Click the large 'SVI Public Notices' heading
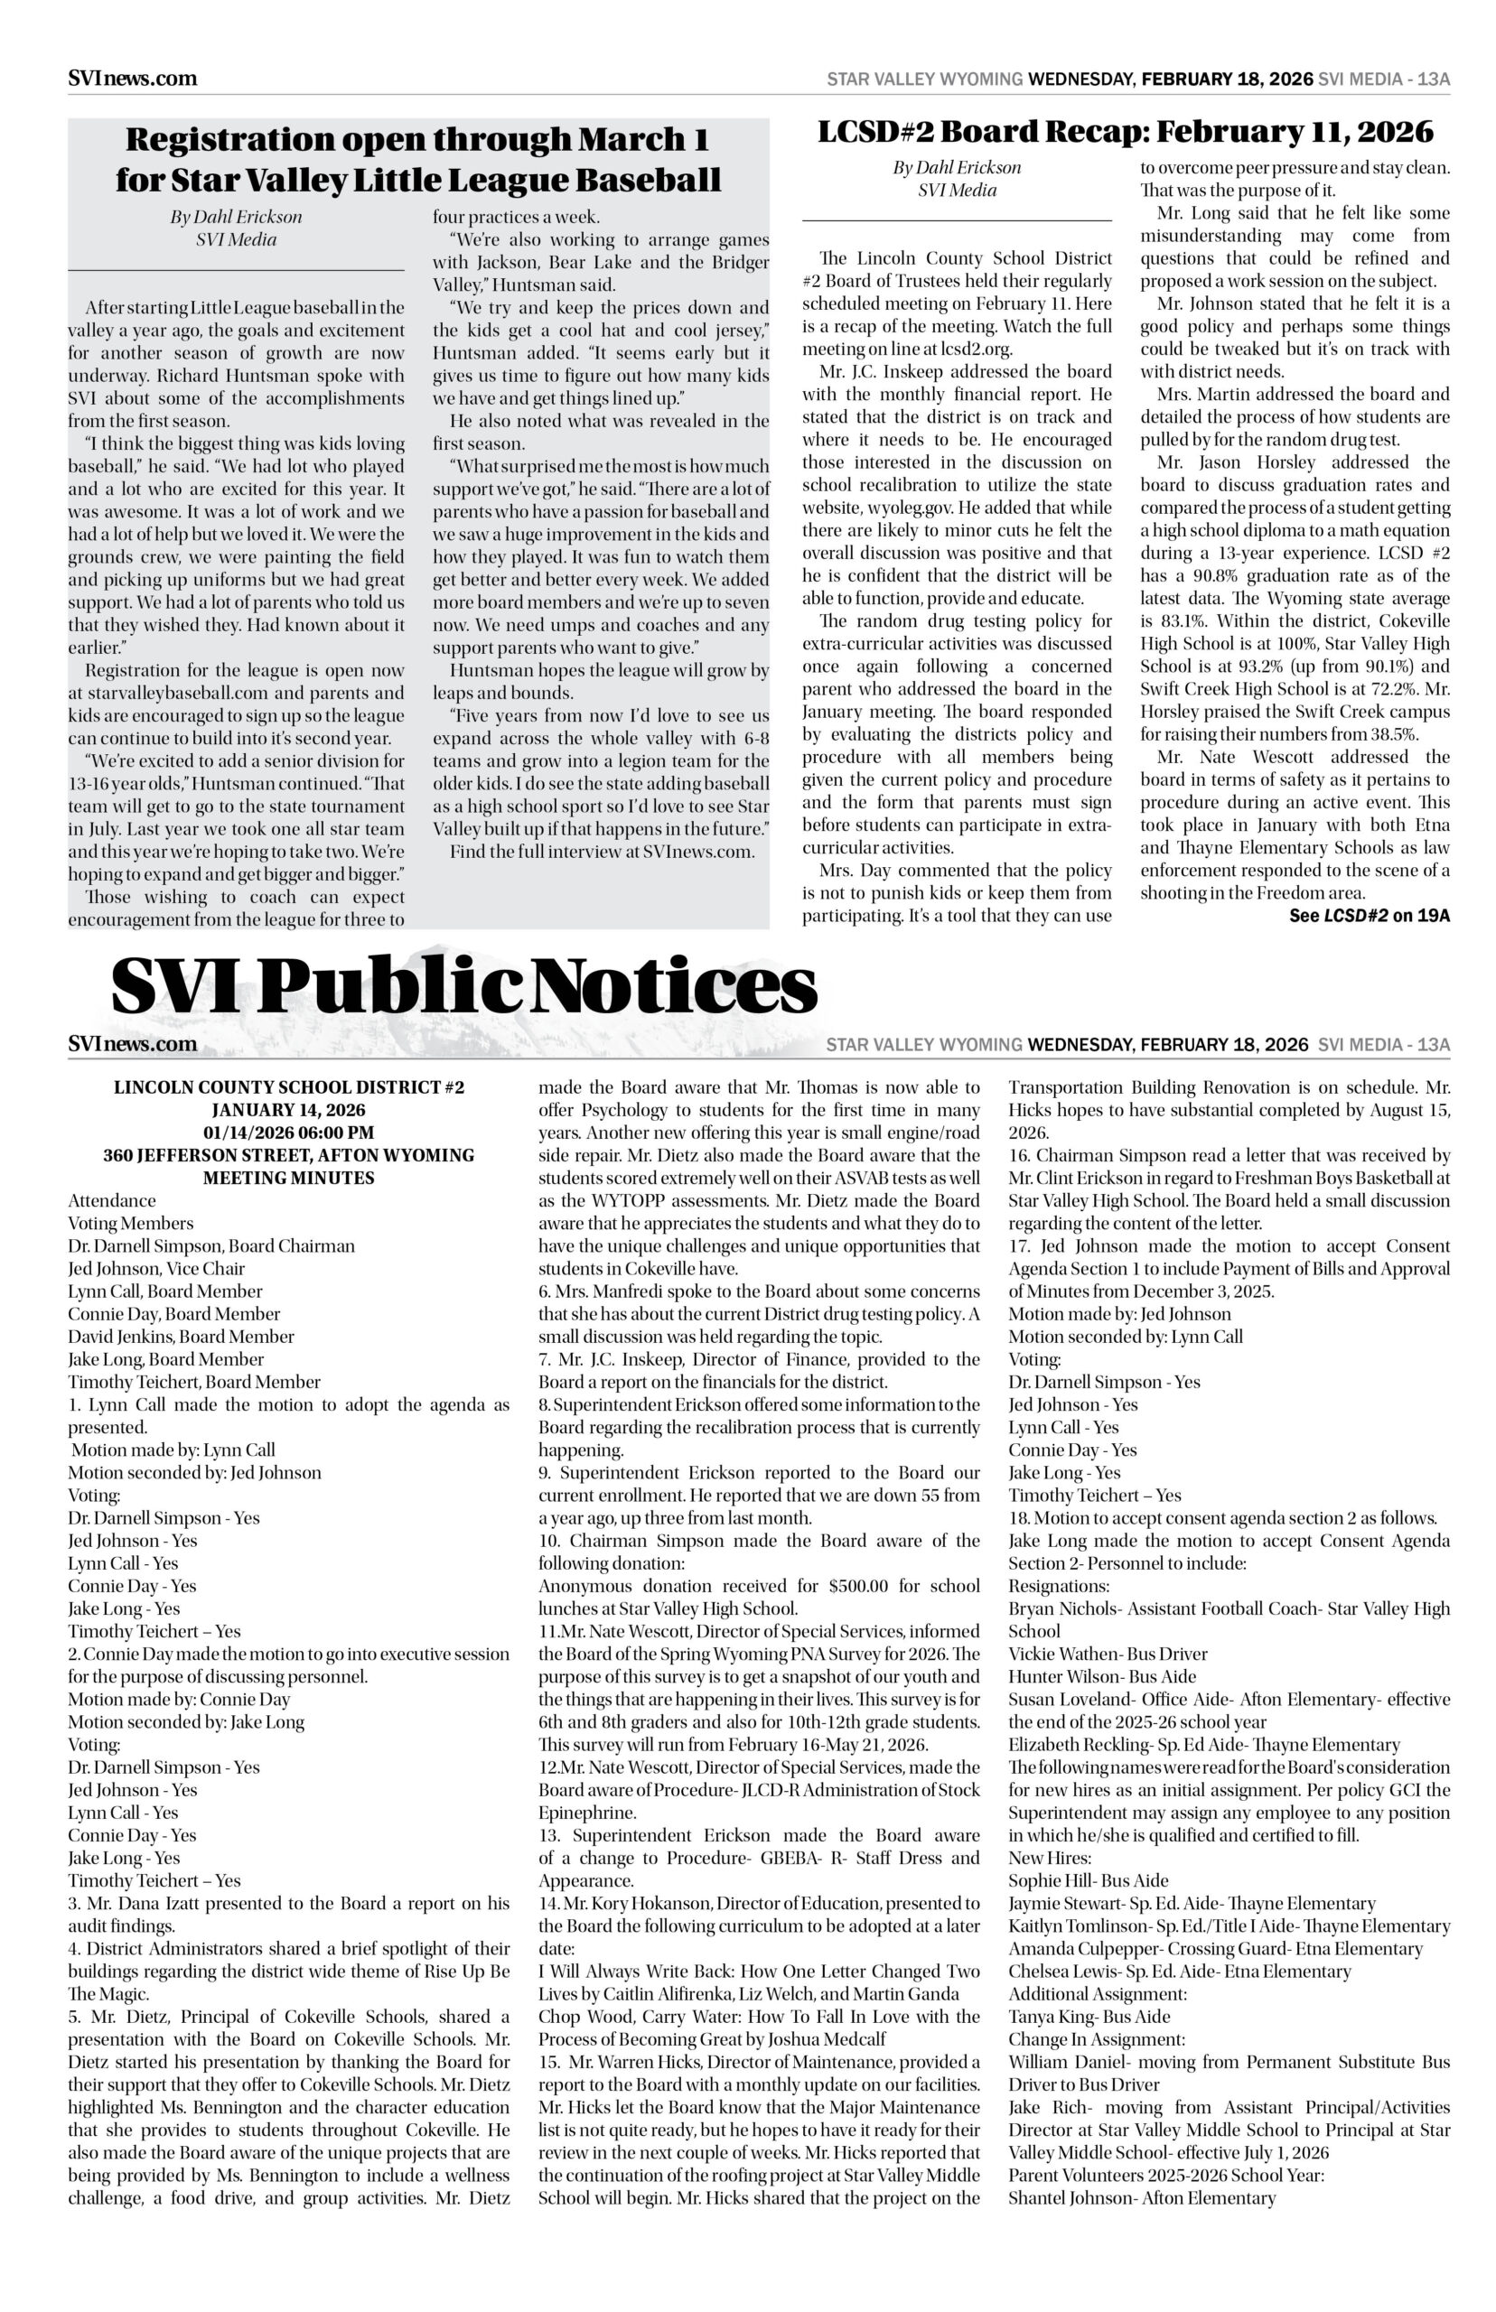click(463, 987)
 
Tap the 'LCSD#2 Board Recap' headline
click(1125, 131)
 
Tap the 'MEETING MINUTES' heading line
click(288, 1178)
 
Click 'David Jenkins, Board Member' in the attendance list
click(181, 1336)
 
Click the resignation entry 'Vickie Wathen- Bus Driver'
click(1108, 1654)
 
